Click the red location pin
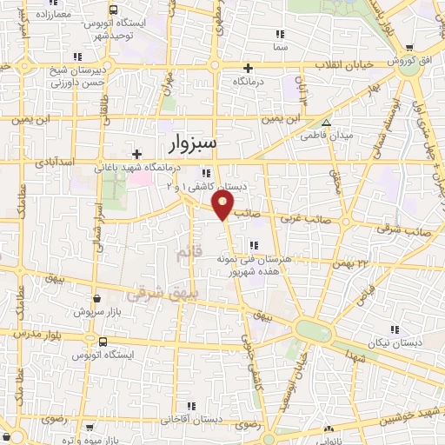point(223,205)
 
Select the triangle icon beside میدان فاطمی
point(326,123)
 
